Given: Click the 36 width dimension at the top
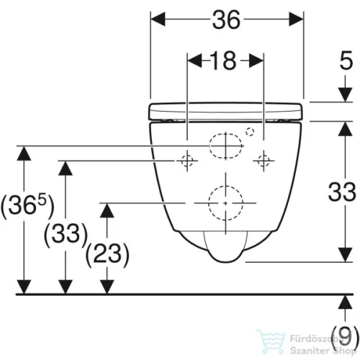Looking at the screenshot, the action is [226, 19].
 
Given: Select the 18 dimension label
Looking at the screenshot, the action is [223, 60].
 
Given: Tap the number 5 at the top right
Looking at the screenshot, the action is [346, 60].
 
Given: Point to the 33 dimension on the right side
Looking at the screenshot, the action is [342, 192].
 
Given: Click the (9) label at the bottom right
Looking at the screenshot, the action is [345, 337].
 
